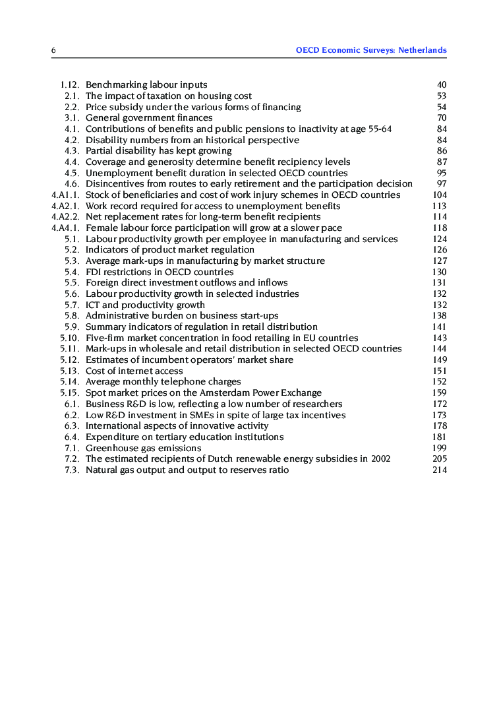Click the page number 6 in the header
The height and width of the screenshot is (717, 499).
click(53, 50)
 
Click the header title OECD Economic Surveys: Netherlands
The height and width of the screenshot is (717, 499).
click(371, 50)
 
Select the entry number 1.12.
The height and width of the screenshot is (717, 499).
click(70, 85)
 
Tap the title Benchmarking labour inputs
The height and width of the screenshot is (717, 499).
click(146, 85)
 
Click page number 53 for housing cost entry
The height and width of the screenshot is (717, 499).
click(442, 96)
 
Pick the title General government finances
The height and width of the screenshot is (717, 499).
click(149, 118)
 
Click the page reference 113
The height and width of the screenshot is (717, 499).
click(440, 206)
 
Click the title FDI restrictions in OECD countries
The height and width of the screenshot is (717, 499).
click(160, 272)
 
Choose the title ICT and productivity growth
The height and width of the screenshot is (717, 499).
click(145, 305)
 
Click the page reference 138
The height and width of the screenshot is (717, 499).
click(440, 316)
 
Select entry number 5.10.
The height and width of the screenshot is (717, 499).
click(70, 338)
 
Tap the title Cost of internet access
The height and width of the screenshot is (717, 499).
click(134, 371)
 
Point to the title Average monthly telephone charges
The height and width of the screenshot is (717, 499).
click(163, 382)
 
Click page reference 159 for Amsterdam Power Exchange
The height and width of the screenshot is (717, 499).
click(440, 393)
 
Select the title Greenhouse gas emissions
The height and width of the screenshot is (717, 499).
click(144, 449)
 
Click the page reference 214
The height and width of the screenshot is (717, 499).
click(440, 470)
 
